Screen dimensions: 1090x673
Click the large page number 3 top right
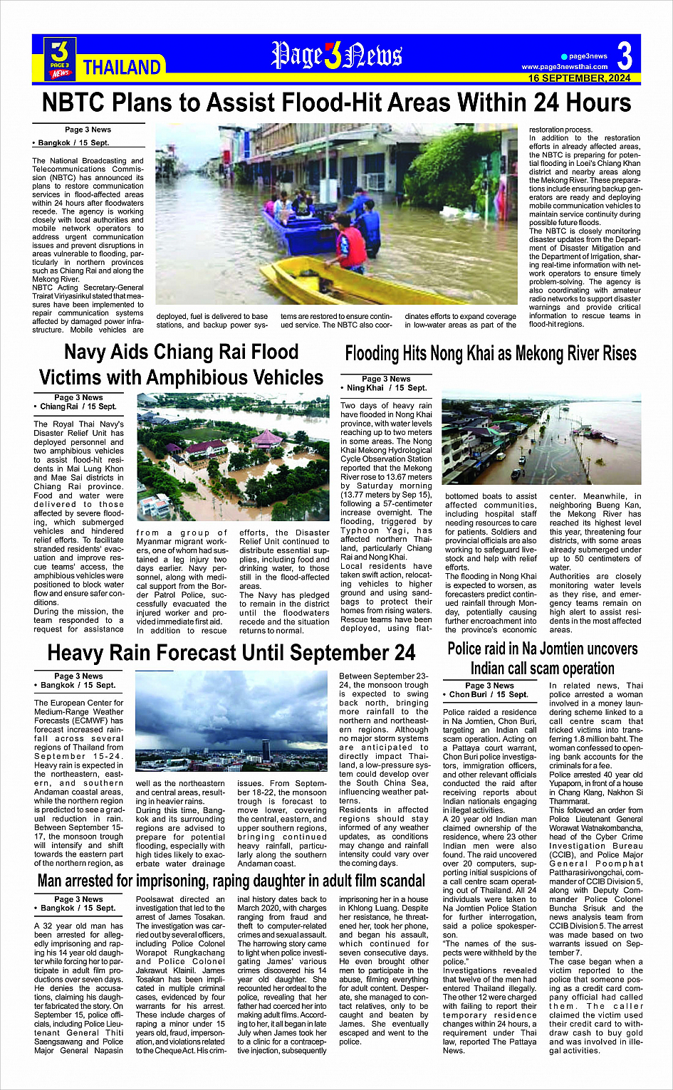pos(625,56)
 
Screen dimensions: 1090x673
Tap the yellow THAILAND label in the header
pos(122,68)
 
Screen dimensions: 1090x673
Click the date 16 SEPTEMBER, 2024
pos(579,78)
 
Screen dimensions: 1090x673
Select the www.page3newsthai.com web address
pos(564,67)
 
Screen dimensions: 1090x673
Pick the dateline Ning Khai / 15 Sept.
pos(387,388)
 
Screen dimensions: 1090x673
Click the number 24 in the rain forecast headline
pos(402,652)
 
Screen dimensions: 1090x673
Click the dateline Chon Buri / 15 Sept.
pos(488,694)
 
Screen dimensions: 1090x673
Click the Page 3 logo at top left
pos(61,58)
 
